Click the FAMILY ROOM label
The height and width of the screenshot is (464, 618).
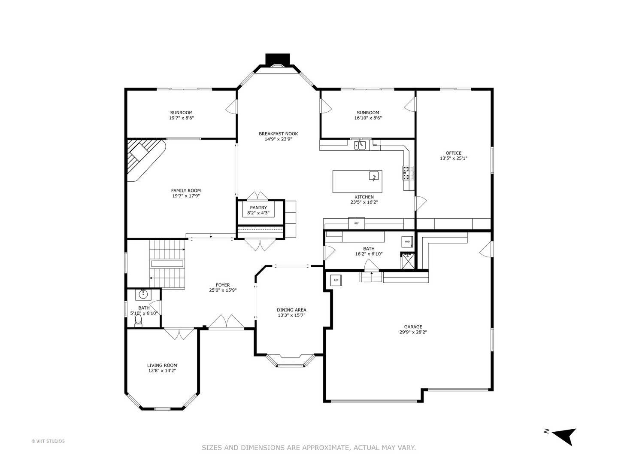point(186,191)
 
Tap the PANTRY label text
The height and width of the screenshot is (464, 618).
point(258,208)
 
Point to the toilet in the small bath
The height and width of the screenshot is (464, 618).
point(138,323)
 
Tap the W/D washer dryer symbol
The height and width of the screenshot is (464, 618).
point(407,242)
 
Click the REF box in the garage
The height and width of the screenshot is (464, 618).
point(336,281)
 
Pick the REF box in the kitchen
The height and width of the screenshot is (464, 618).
point(356,223)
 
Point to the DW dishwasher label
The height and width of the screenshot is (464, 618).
point(375,145)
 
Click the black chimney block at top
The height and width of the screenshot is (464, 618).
point(278,59)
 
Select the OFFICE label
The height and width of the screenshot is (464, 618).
point(453,153)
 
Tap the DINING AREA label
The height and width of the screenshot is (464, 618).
point(291,310)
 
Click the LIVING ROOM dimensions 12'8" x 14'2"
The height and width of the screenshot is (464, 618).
point(162,371)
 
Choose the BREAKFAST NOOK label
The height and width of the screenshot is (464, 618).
point(278,134)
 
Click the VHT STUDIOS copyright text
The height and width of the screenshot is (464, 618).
point(48,441)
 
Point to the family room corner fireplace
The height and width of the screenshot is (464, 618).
point(144,159)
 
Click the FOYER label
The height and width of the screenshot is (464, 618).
point(223,285)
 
